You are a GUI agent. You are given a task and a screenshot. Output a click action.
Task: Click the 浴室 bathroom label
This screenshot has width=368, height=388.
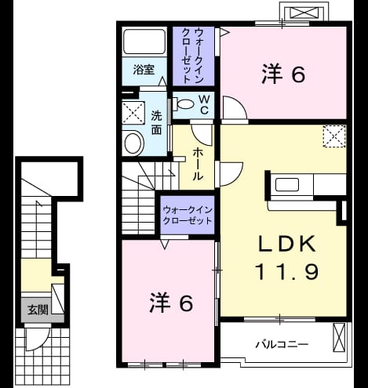point(144,70)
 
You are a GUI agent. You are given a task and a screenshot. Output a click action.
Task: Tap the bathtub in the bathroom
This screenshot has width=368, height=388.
point(144,42)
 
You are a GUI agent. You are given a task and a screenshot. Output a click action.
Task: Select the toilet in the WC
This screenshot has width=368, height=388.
point(184,104)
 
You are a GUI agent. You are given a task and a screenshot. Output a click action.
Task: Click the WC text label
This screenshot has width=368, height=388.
point(204,104)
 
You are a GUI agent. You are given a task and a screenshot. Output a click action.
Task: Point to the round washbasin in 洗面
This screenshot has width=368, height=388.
point(134,143)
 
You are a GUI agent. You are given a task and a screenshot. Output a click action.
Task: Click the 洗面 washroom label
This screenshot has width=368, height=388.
point(156,122)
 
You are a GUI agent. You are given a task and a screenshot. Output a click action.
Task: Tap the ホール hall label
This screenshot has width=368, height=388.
point(198,164)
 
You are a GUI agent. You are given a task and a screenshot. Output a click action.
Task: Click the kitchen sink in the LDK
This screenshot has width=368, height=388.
point(287,185)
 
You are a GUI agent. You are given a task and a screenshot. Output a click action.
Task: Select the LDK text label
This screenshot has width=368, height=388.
point(286,244)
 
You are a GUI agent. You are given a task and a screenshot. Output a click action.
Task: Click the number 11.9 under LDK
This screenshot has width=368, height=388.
point(286,271)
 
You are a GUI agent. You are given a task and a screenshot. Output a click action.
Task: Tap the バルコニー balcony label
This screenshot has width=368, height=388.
point(282,344)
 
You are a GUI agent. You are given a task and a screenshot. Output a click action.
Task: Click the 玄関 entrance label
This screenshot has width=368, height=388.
point(38,310)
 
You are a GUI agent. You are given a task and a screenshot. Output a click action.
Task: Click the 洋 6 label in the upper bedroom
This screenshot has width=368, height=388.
point(283,74)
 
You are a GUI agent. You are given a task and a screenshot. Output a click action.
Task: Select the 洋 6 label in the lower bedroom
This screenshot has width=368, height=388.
point(171,303)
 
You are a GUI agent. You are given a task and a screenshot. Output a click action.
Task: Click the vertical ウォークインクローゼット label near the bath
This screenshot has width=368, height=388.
point(193,56)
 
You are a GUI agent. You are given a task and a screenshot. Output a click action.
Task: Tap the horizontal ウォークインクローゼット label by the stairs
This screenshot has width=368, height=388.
point(188,216)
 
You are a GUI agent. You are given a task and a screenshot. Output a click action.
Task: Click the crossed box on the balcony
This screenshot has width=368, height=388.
point(339,337)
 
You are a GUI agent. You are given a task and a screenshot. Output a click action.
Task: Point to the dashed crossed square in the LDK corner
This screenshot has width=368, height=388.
point(334,136)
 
